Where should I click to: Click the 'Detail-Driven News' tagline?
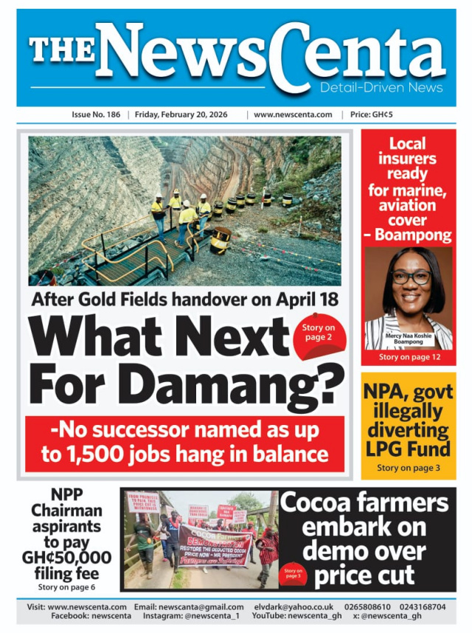click(381, 88)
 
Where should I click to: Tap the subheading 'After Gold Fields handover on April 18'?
click(184, 300)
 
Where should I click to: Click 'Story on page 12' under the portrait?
click(409, 357)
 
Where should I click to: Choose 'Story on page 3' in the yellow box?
click(408, 468)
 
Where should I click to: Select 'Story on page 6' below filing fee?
click(66, 587)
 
